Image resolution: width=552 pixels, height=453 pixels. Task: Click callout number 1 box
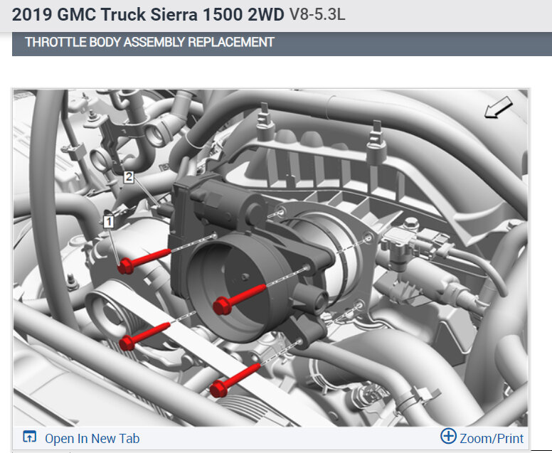point(109,222)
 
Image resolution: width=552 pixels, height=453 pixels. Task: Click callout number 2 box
point(129,176)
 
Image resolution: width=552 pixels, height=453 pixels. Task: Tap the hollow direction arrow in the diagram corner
point(498,107)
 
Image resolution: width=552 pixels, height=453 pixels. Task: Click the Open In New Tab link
point(92,439)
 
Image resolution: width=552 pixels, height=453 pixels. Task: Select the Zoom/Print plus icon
point(448,436)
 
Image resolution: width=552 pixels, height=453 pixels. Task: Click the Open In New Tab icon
point(30,437)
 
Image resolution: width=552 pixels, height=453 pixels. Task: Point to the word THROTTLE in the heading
point(55,42)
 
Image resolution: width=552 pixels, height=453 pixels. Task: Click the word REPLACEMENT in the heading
point(231,42)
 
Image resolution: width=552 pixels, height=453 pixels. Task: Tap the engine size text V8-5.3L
point(317,15)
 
